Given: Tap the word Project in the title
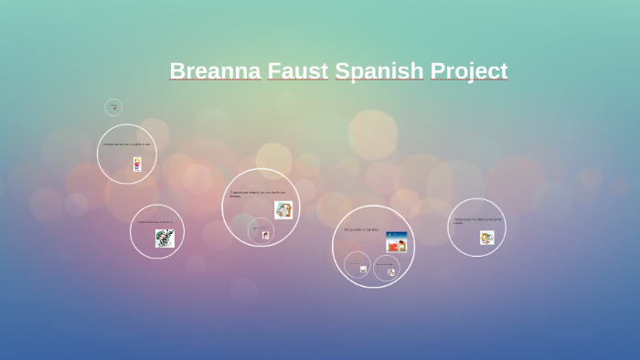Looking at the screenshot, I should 469,70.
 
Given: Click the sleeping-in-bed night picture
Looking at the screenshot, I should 396,242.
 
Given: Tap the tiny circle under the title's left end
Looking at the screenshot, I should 113,108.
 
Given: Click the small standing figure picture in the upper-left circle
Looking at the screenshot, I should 137,164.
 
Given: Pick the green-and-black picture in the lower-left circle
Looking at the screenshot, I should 165,238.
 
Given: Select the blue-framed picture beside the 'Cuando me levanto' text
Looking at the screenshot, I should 283,210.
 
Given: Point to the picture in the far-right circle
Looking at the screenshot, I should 486,238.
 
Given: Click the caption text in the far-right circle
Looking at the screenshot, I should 478,220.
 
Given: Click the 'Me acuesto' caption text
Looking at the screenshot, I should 361,229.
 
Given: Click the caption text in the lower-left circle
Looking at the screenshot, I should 155,221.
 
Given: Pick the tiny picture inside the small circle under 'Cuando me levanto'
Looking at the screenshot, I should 265,235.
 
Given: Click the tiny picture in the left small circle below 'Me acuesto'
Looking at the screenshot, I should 363,270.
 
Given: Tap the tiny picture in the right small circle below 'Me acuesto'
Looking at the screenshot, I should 391,271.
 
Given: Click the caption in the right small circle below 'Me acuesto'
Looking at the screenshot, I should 386,264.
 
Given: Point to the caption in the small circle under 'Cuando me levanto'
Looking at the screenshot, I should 261,228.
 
